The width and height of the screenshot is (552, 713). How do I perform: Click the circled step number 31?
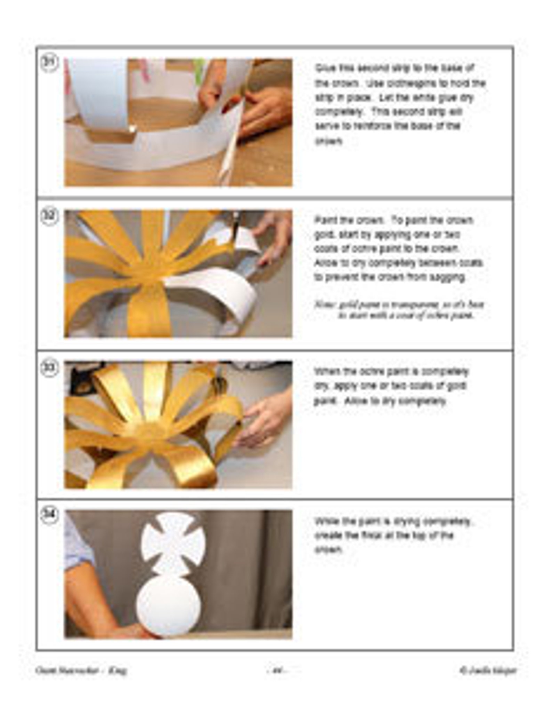pos(50,63)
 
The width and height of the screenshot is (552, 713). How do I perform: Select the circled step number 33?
pos(50,368)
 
